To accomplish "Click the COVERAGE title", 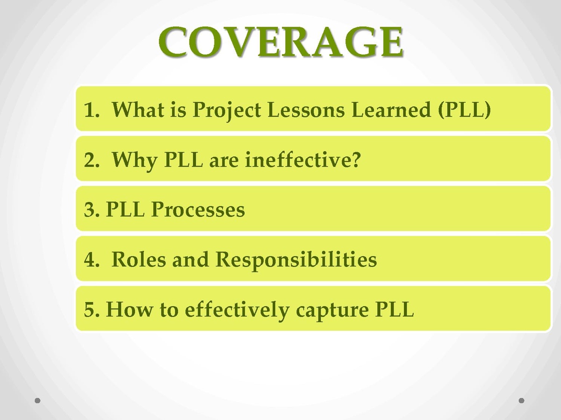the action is click(280, 42).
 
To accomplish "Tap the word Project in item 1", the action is click(227, 111).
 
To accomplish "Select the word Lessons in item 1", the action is click(306, 110).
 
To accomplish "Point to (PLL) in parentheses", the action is click(464, 110).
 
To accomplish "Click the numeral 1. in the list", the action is click(92, 110).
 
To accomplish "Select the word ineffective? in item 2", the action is click(303, 160).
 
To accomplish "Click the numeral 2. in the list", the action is click(92, 160).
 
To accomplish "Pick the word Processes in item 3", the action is click(198, 210).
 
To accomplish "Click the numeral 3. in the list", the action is click(92, 210).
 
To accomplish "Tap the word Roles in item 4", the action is click(138, 259).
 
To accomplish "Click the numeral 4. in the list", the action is click(92, 259).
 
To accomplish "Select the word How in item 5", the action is click(129, 309).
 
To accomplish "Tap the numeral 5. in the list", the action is click(92, 309).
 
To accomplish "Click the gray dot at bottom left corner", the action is click(37, 400).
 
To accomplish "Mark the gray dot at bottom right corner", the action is click(521, 400).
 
